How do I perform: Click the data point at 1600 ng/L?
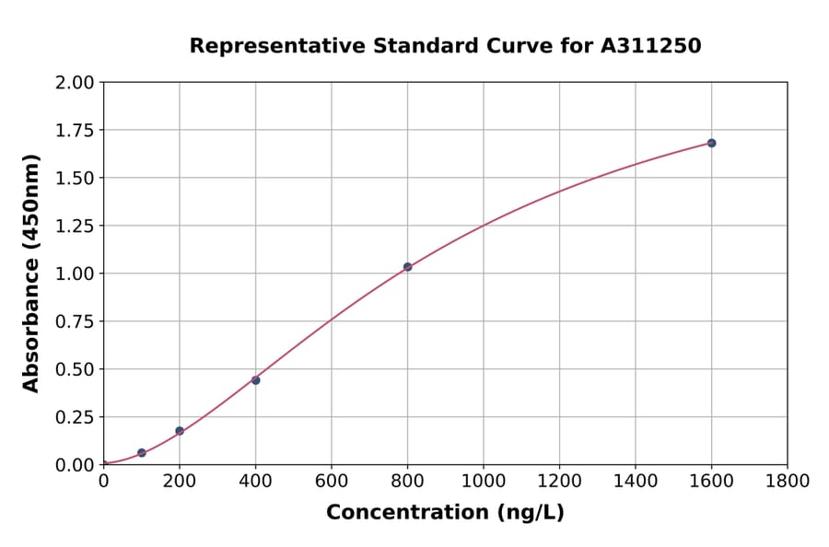pyautogui.click(x=711, y=143)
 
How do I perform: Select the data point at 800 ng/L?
pyautogui.click(x=407, y=267)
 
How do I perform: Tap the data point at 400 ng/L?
pyautogui.click(x=255, y=380)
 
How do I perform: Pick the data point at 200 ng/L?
pyautogui.click(x=180, y=431)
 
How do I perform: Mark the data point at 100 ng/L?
pyautogui.click(x=141, y=453)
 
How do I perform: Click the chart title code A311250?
pyautogui.click(x=651, y=46)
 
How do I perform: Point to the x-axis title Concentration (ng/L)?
pyautogui.click(x=445, y=513)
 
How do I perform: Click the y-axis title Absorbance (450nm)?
pyautogui.click(x=31, y=273)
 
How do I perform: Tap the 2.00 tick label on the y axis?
pyautogui.click(x=76, y=83)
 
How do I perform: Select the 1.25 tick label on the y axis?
pyautogui.click(x=76, y=226)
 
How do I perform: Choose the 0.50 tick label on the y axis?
pyautogui.click(x=76, y=369)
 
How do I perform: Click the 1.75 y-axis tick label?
pyautogui.click(x=76, y=131)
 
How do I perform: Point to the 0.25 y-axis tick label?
pyautogui.click(x=76, y=417)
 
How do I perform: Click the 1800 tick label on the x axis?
pyautogui.click(x=787, y=482)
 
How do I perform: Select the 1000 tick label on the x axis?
pyautogui.click(x=483, y=482)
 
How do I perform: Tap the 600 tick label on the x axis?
pyautogui.click(x=332, y=482)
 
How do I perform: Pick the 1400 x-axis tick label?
pyautogui.click(x=635, y=482)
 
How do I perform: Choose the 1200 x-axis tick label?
pyautogui.click(x=559, y=482)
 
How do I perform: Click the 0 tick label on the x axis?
pyautogui.click(x=103, y=482)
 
